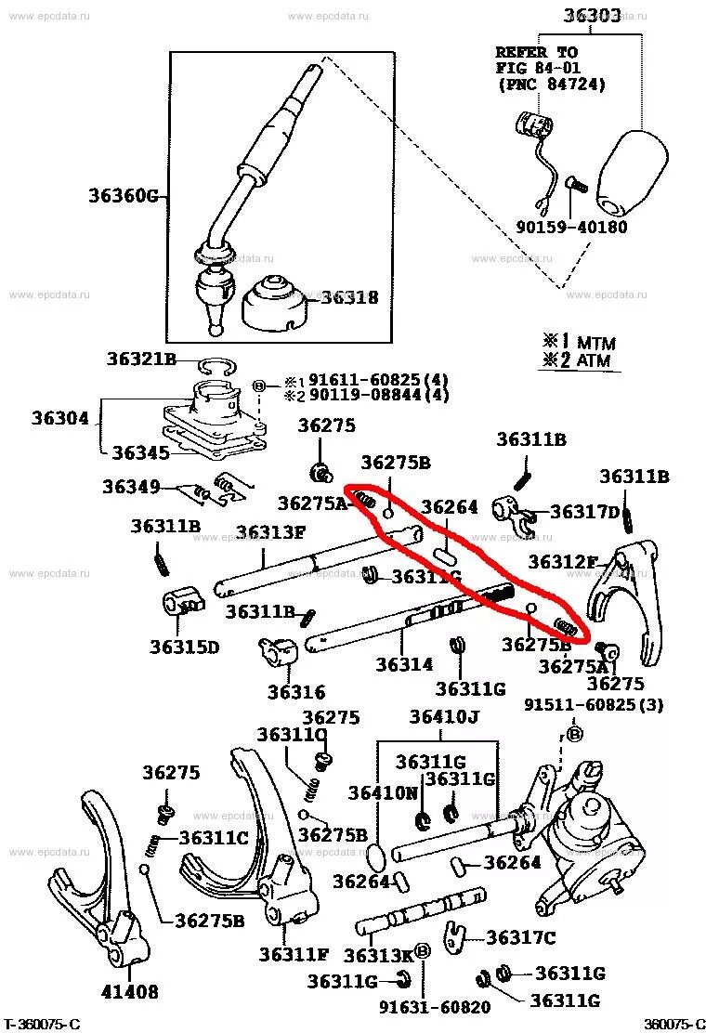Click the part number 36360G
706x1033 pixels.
click(x=124, y=196)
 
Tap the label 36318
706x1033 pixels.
click(x=349, y=298)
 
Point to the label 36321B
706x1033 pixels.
click(x=141, y=359)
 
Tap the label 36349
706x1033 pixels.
click(x=131, y=486)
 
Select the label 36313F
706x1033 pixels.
click(x=270, y=532)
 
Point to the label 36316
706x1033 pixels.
click(x=296, y=692)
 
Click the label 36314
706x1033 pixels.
click(x=404, y=665)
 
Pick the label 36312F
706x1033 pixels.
click(x=563, y=562)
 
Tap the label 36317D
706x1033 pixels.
click(x=584, y=512)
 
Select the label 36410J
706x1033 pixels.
click(x=444, y=716)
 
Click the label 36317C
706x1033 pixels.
click(x=520, y=938)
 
